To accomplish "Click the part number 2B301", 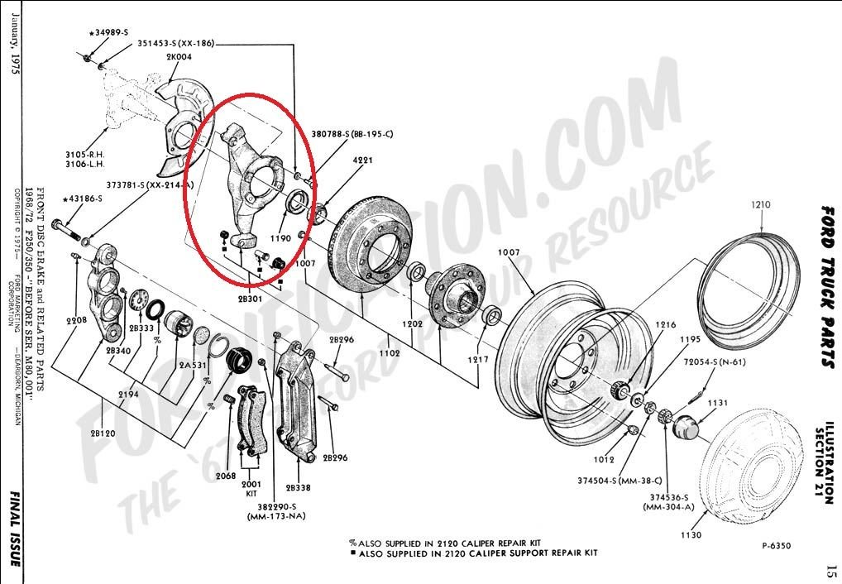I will [251, 298].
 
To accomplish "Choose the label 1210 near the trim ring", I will [761, 203].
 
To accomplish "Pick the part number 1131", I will [717, 403].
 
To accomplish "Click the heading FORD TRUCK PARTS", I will [826, 286].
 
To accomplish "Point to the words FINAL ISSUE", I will [14, 529].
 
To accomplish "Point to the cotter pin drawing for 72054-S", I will [698, 383].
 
